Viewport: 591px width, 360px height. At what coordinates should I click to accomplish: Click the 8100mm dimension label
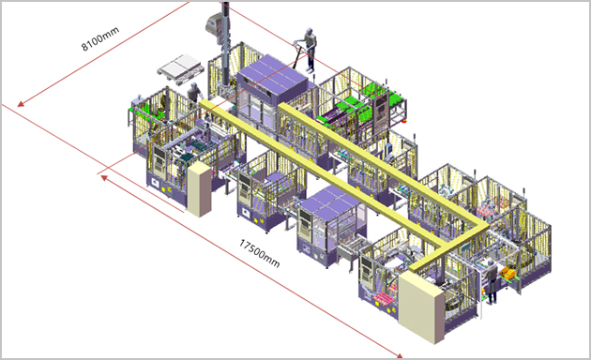[100, 38]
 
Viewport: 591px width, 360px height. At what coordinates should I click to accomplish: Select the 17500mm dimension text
[259, 253]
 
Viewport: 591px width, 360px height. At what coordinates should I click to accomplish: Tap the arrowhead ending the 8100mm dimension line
[21, 103]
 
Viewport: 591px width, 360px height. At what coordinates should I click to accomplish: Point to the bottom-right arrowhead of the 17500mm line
[399, 354]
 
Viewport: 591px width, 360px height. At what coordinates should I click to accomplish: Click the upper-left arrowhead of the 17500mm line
[104, 178]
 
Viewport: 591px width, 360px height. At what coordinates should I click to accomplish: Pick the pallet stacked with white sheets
[181, 69]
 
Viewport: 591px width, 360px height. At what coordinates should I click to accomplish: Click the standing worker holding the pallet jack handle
[310, 50]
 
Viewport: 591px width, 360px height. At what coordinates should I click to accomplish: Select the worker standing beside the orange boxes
[491, 281]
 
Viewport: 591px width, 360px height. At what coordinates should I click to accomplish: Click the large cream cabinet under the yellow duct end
[422, 307]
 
